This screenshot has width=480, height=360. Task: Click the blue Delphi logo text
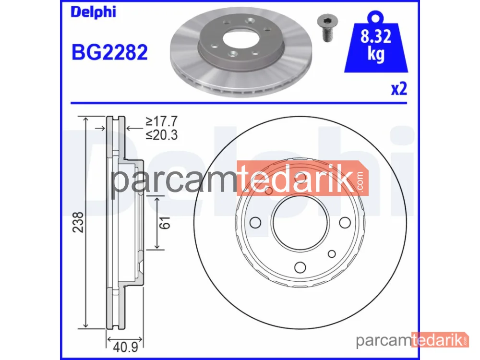coord(94,12)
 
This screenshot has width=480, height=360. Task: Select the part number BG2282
coord(109,52)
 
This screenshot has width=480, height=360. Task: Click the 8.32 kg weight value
coord(376,45)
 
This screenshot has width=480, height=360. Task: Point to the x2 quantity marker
coord(399,89)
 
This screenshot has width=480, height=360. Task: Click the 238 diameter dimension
coord(78,222)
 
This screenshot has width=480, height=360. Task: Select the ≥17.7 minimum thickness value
coord(161,121)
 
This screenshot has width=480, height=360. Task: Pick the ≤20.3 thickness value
coord(161,135)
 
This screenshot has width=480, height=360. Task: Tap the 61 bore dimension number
coord(165,223)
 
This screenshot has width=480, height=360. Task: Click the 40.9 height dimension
coord(125,347)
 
